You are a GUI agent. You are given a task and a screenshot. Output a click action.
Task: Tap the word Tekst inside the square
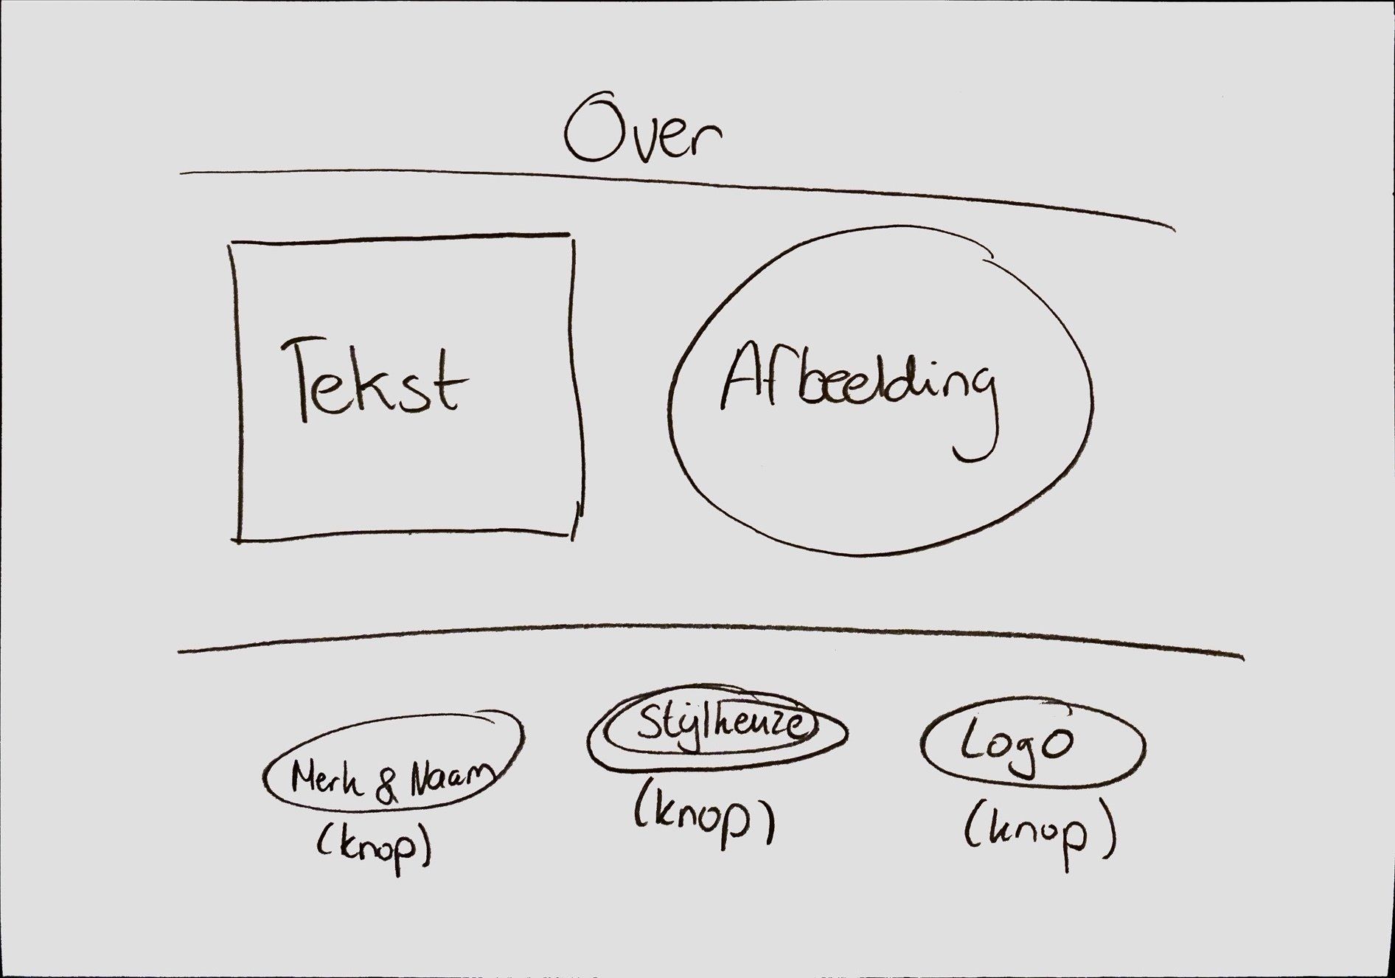point(374,379)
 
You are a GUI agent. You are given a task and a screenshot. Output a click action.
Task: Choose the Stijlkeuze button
point(717,731)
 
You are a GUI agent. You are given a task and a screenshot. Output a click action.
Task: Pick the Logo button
point(1033,746)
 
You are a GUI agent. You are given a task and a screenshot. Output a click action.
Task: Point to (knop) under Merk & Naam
point(374,847)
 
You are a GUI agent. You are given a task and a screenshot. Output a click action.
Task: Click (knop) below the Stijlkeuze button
point(704,818)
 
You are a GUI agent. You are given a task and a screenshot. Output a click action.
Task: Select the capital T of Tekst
point(304,379)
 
